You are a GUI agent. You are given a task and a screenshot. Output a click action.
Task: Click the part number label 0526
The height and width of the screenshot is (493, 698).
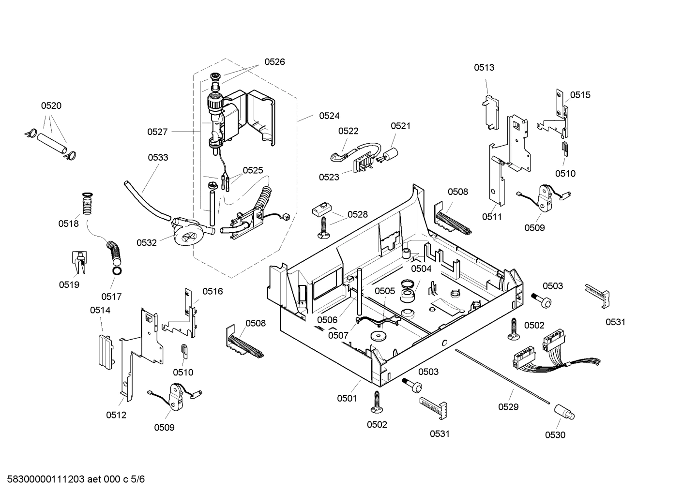(274, 61)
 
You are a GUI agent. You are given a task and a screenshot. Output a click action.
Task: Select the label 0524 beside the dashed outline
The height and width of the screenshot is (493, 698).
(329, 116)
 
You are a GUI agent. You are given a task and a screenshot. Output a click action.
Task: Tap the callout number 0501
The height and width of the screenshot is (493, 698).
(347, 398)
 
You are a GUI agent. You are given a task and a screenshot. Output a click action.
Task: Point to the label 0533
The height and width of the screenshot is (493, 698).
(158, 157)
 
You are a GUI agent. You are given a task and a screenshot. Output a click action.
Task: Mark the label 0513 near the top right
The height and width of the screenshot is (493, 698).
(484, 67)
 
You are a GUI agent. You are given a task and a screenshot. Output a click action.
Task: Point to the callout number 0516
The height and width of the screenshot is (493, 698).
(212, 291)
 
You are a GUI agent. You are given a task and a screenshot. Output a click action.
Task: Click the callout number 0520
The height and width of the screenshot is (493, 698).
(51, 105)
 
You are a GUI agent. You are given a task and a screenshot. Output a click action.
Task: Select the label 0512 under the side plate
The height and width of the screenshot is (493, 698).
(116, 415)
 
